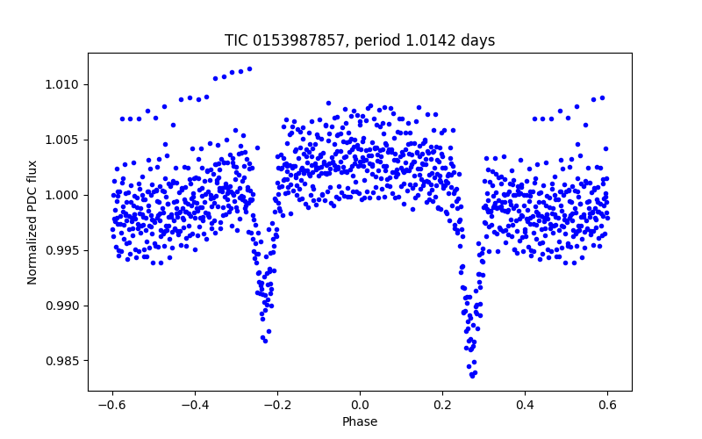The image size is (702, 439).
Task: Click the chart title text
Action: coord(360,40)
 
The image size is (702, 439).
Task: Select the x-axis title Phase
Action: coord(360,421)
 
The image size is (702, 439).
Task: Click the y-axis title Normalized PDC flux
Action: coord(32,222)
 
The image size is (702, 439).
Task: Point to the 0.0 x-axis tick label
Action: coord(360,405)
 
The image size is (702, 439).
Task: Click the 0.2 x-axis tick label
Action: coord(442,405)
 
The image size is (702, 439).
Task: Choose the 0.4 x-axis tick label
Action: coord(525,405)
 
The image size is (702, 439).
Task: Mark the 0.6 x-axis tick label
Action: coord(607,405)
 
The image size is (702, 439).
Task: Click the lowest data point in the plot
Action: coord(472,376)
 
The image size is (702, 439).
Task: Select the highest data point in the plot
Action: coord(249,68)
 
